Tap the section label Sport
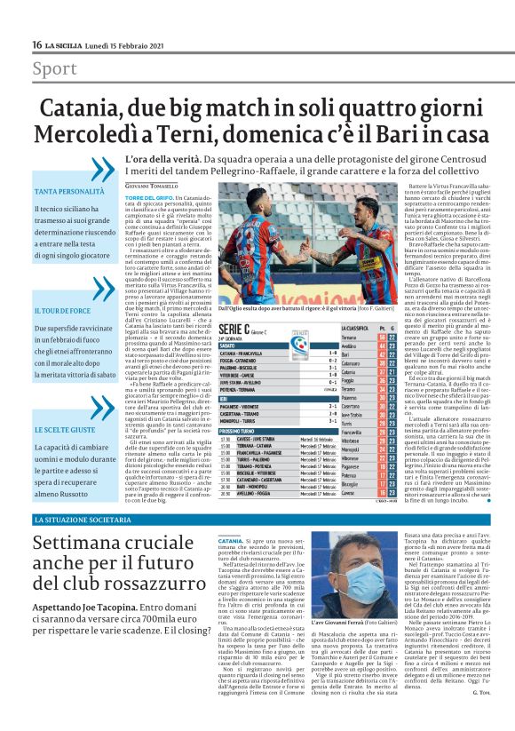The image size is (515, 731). [54, 68]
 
